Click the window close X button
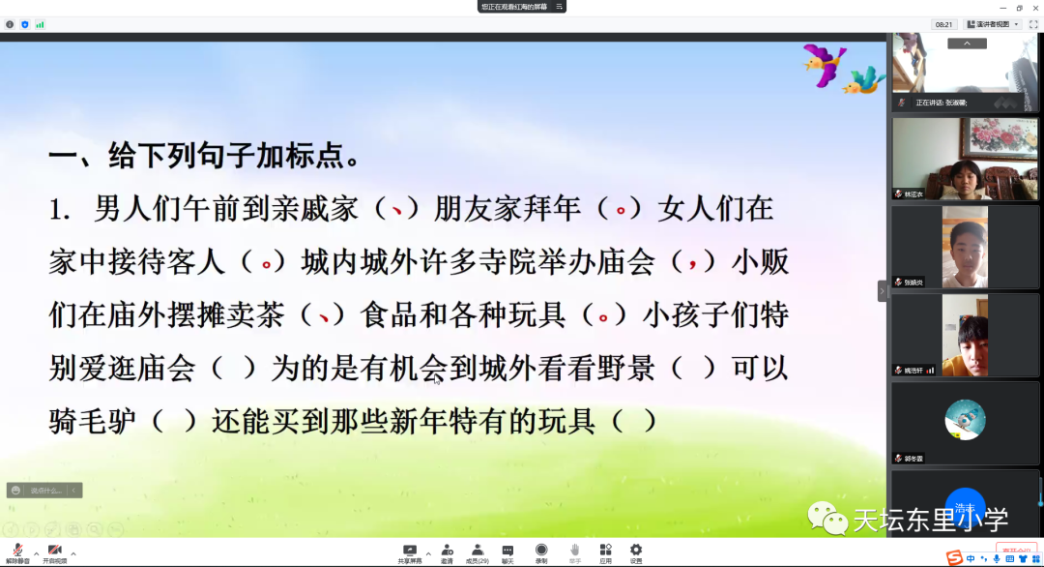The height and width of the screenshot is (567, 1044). click(1033, 7)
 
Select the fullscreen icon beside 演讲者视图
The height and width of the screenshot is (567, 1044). click(1032, 24)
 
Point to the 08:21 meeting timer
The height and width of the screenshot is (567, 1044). click(943, 24)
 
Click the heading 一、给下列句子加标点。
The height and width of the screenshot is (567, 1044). click(207, 155)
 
